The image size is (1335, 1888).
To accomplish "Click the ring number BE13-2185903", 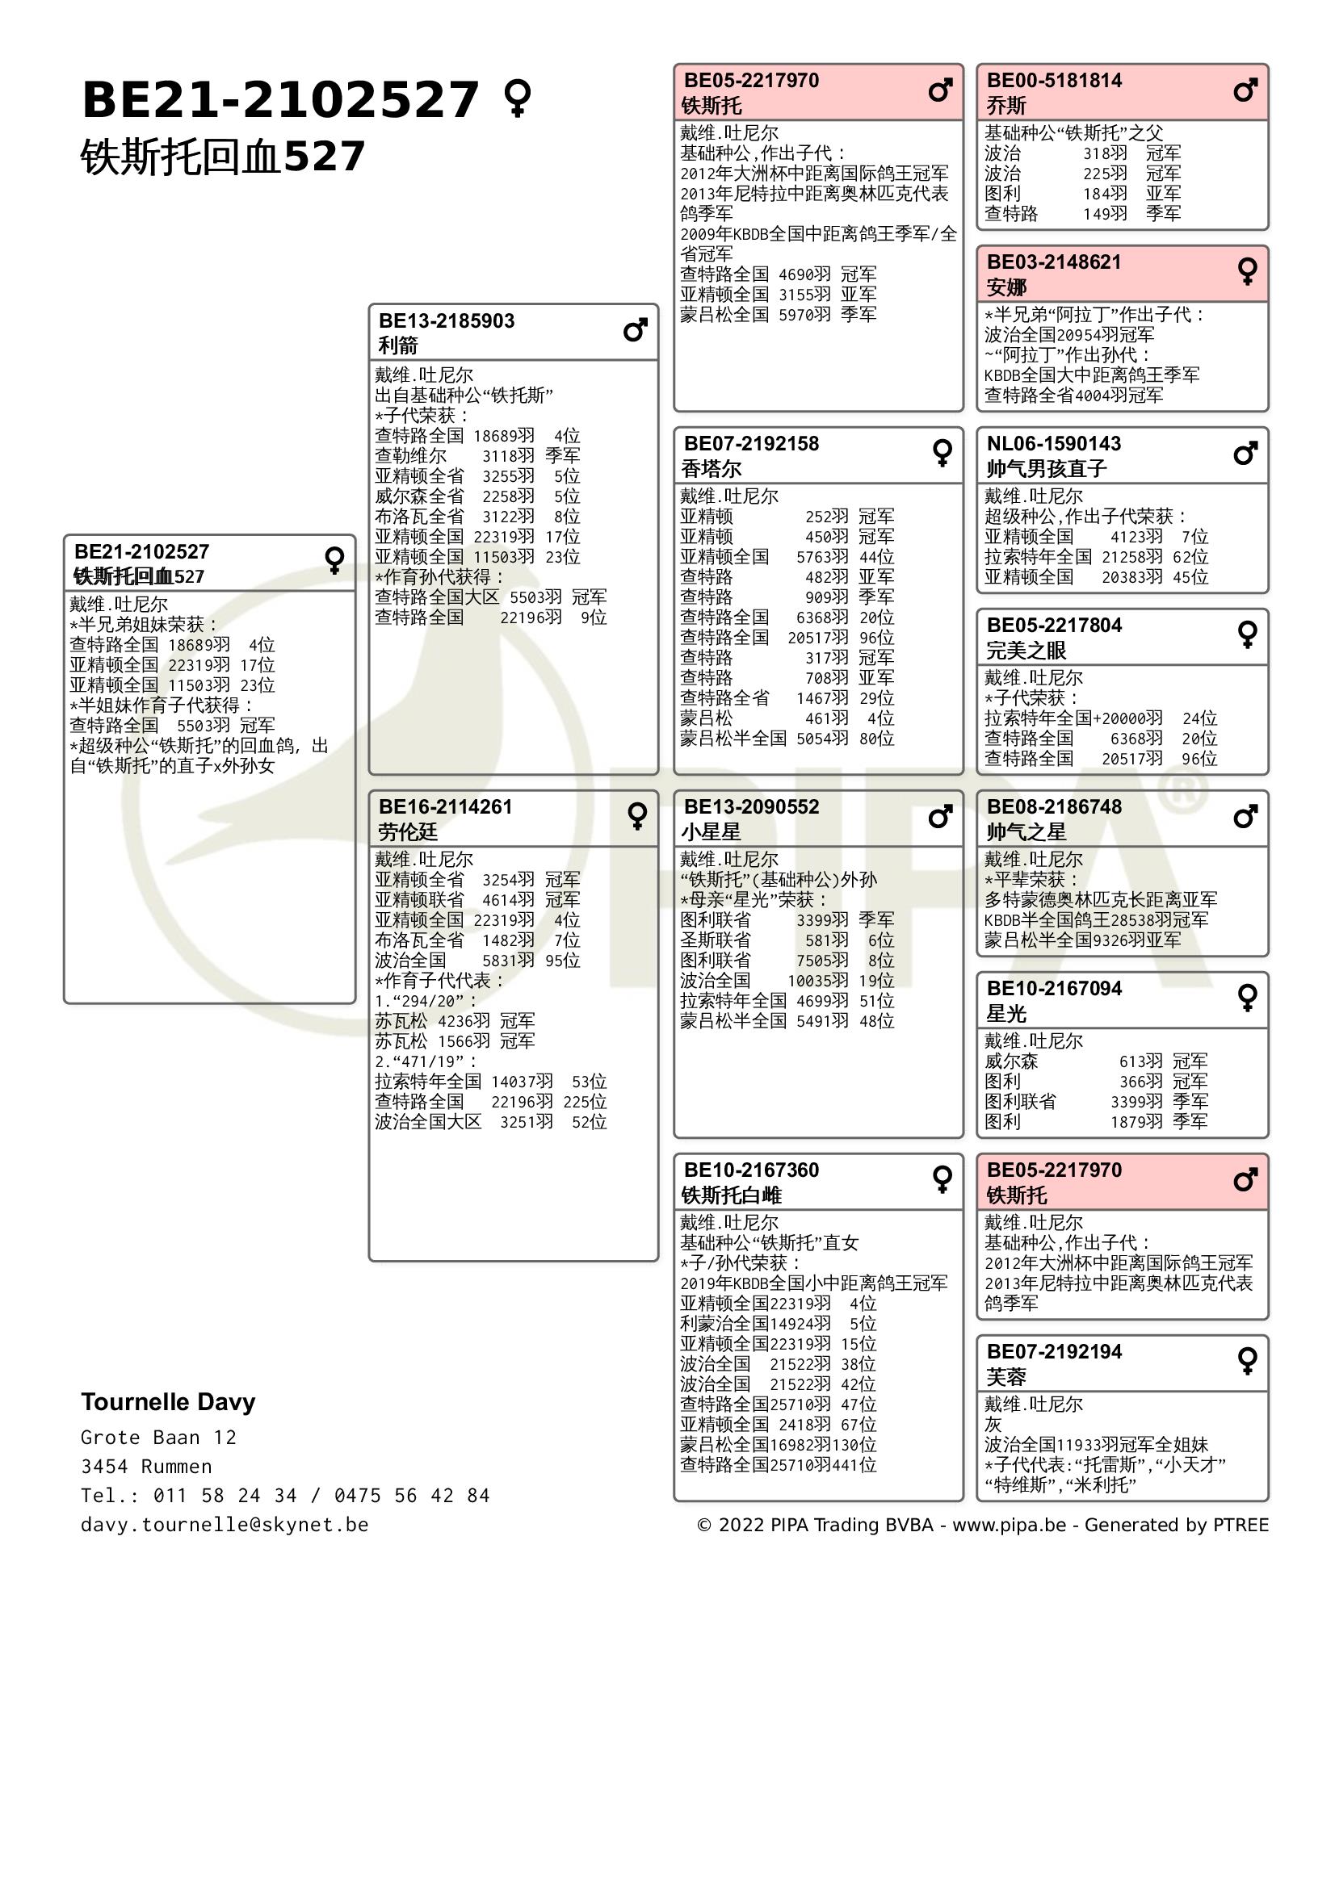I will (447, 320).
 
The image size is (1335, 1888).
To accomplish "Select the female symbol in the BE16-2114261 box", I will (637, 816).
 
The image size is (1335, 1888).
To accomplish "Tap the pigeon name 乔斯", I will (1006, 106).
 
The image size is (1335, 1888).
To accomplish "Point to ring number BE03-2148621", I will (1054, 262).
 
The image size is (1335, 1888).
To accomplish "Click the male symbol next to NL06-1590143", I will (1245, 453).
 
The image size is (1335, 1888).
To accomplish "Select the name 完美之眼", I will (1026, 651).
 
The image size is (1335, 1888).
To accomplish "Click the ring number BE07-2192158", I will (751, 444).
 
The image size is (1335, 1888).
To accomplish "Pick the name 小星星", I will (711, 832).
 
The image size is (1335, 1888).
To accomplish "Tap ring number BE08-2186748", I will (1054, 806).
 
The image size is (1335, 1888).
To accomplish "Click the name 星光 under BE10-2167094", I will (1006, 1014).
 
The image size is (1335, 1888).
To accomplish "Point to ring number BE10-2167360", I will (751, 1170).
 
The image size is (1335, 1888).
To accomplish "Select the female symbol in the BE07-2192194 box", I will (1247, 1361).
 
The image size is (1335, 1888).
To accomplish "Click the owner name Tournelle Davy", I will (168, 1402).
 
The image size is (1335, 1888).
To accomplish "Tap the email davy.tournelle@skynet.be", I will (225, 1525).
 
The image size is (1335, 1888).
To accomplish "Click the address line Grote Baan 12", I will (158, 1438).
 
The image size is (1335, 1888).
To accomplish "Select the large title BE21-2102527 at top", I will (280, 100).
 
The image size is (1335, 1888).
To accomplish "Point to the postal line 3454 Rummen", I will (145, 1466).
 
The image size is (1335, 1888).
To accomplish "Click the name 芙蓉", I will (1006, 1377).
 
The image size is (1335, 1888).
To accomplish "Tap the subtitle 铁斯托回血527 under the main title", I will (222, 157).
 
